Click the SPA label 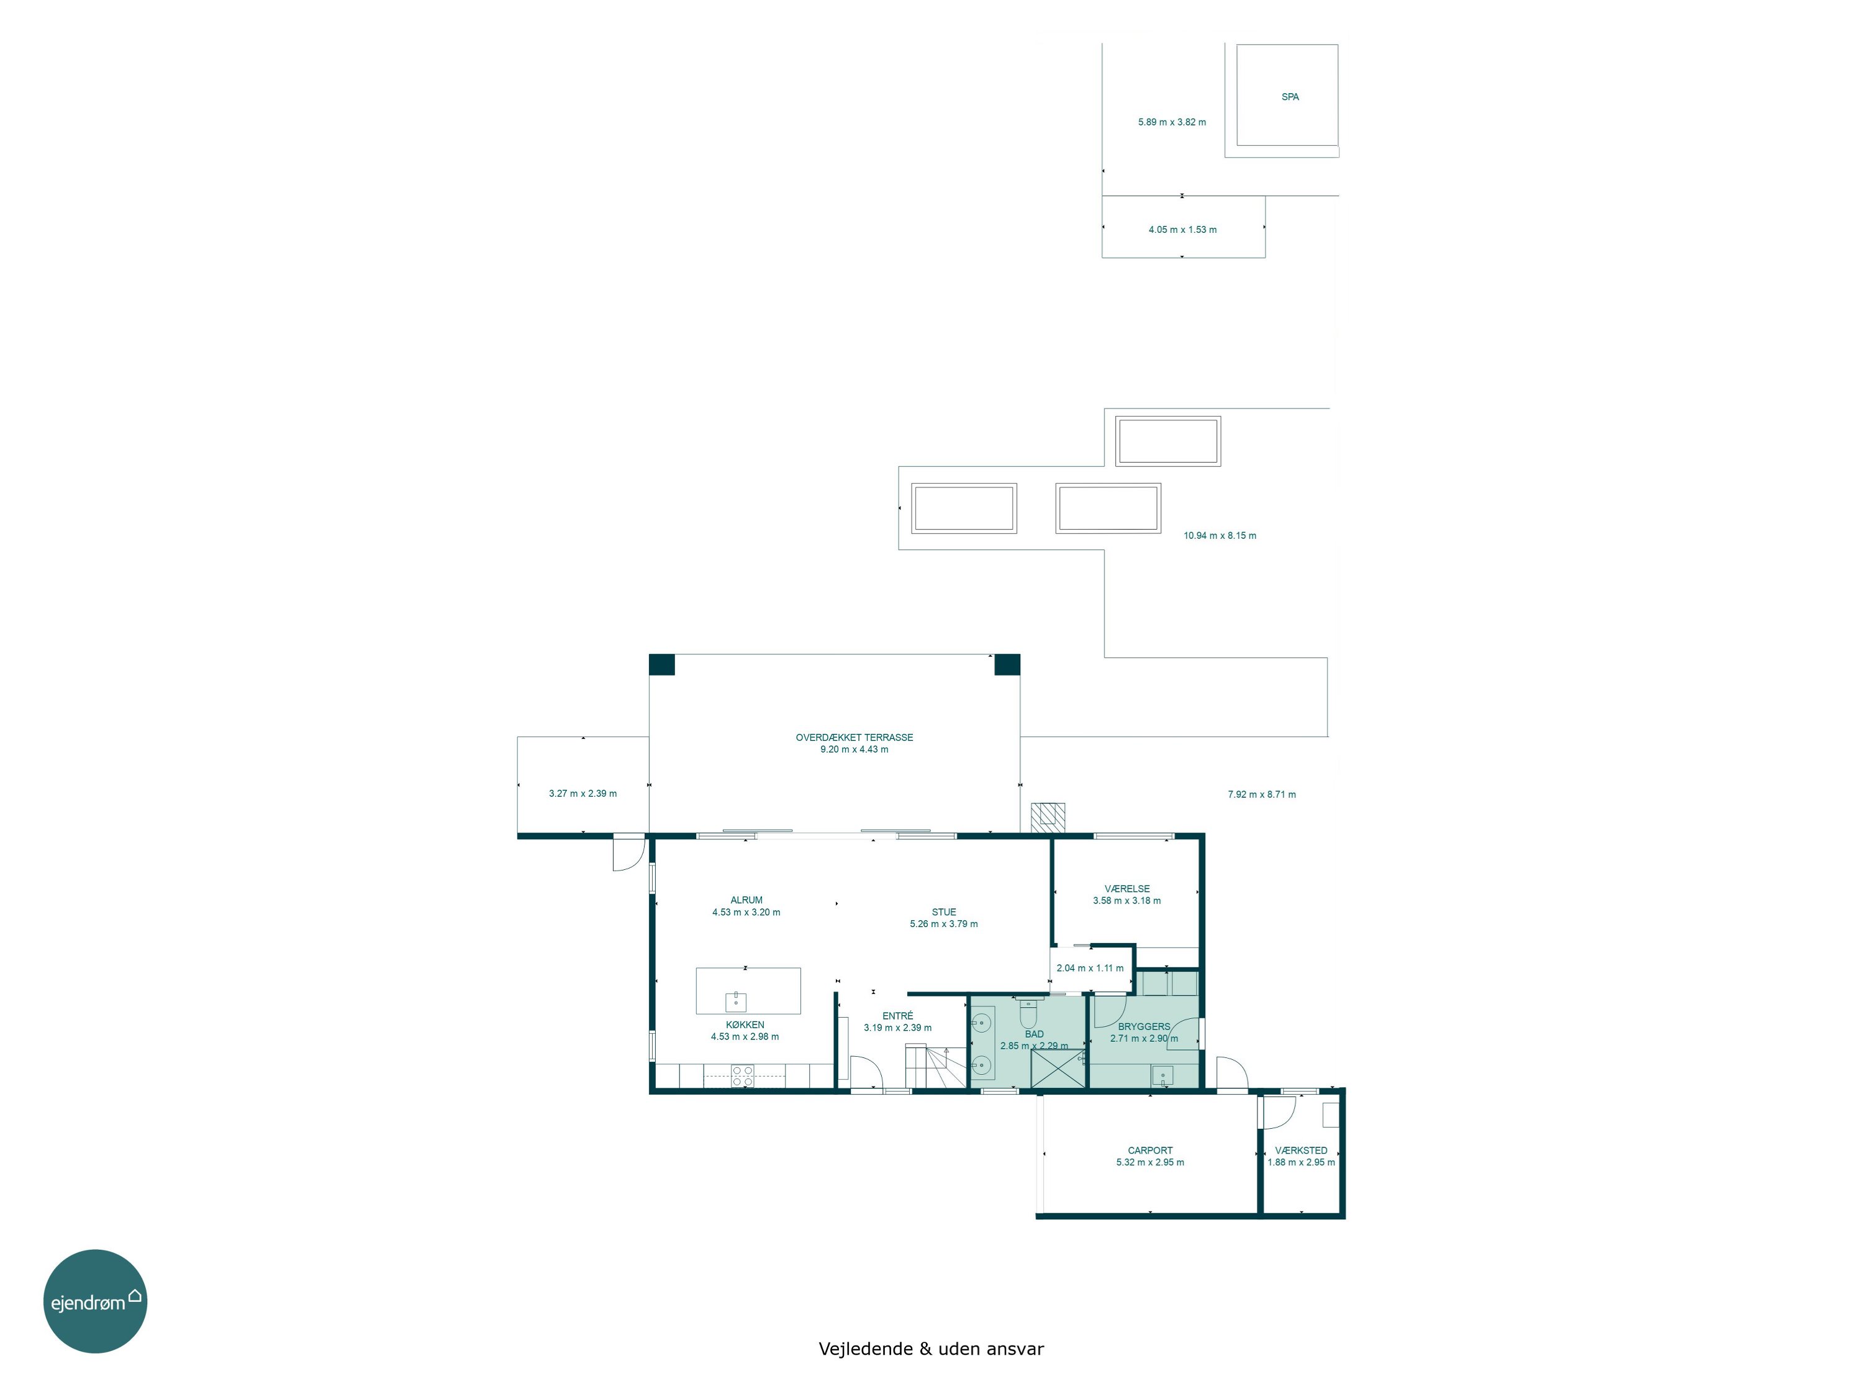[x=1289, y=97]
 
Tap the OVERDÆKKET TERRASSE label [x=854, y=738]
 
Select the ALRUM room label [x=746, y=900]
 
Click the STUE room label [x=943, y=912]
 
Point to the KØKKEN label [x=745, y=1025]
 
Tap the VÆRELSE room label [x=1127, y=888]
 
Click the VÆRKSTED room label [x=1300, y=1151]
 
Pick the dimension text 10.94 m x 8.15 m [x=1220, y=536]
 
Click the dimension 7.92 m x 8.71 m [x=1262, y=794]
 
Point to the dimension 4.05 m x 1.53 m [x=1182, y=230]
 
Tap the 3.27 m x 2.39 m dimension [x=583, y=793]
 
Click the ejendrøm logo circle [x=95, y=1301]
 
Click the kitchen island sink [x=735, y=1001]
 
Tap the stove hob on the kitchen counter [x=742, y=1075]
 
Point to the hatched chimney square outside [x=1048, y=818]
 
